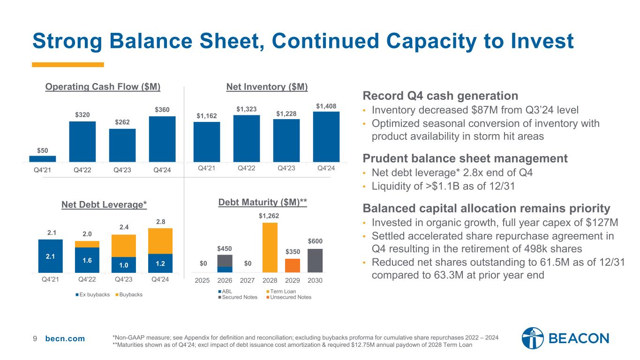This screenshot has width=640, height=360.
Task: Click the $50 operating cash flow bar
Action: coord(46,158)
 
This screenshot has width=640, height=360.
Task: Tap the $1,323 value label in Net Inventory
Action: coord(246,109)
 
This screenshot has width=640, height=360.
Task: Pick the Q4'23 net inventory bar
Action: coord(286,140)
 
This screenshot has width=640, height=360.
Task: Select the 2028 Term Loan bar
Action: coord(270,247)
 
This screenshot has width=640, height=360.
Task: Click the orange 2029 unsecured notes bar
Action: coord(293,265)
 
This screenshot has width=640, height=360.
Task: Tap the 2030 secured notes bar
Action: coord(315,260)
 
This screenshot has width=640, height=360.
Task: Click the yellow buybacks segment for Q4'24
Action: coord(160,240)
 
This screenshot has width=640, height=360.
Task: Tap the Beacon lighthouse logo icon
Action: coord(533,338)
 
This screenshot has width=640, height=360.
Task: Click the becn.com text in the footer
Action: coord(65,339)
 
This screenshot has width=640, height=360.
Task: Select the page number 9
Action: coord(35,339)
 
